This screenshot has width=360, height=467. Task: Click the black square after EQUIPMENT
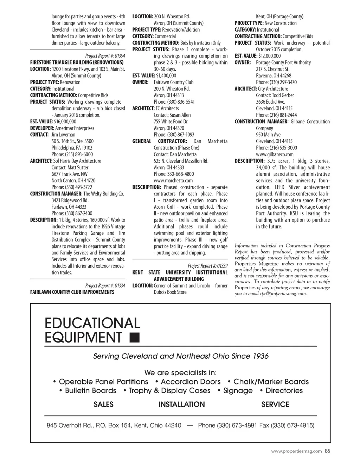coord(134,337)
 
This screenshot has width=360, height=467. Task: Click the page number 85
coord(327,451)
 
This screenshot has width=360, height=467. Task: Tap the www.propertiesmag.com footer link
coord(296,452)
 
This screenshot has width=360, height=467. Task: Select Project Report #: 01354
coord(105,56)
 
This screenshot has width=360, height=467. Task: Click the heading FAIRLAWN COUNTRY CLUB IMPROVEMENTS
coord(72,292)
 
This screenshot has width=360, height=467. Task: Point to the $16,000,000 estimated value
coord(65,122)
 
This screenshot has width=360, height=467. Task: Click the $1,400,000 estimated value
coord(166,76)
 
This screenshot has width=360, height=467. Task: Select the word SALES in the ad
coord(103,404)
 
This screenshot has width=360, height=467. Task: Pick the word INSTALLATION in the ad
coord(181,404)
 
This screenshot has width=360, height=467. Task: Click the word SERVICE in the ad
coord(275,404)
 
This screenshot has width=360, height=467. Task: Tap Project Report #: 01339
coord(207,266)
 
